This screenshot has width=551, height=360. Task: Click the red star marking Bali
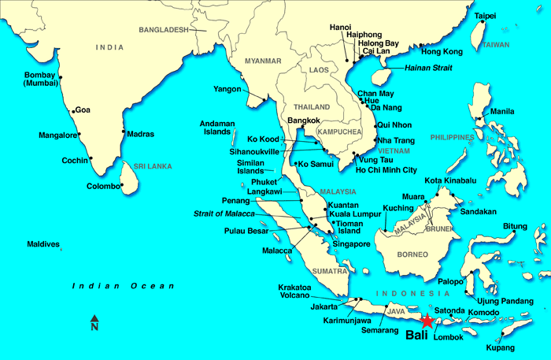(x=427, y=321)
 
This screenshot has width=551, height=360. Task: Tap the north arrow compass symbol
(x=94, y=323)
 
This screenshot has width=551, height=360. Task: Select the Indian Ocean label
(x=123, y=286)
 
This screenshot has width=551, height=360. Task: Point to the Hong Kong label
(x=442, y=52)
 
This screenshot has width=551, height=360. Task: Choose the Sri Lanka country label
(x=153, y=167)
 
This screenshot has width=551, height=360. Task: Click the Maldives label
(x=43, y=244)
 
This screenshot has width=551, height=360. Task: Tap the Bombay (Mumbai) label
(x=39, y=78)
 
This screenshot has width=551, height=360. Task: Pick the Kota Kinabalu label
(x=450, y=181)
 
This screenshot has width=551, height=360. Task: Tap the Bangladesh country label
(x=164, y=30)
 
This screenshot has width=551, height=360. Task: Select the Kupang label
(x=501, y=347)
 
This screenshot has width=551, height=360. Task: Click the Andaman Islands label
(x=217, y=128)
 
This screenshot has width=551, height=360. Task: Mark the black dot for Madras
(x=124, y=132)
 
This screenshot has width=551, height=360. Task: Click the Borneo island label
(x=411, y=254)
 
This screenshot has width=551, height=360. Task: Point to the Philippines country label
(x=452, y=138)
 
